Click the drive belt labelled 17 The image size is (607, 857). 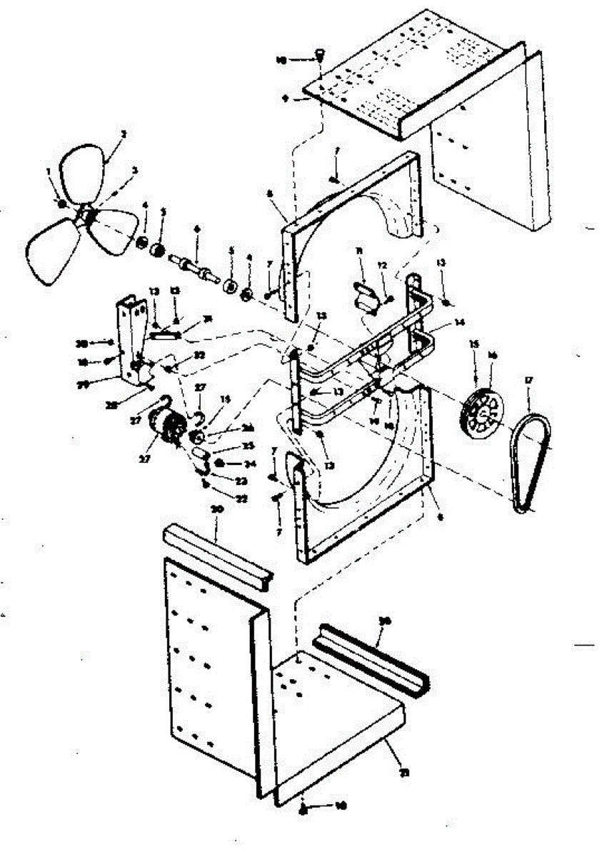point(531,464)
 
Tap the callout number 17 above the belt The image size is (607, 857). point(529,381)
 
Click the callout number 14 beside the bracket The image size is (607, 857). point(460,323)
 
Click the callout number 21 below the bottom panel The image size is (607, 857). point(405,773)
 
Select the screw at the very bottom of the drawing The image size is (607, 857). point(303,807)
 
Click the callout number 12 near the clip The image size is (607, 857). point(382,265)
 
